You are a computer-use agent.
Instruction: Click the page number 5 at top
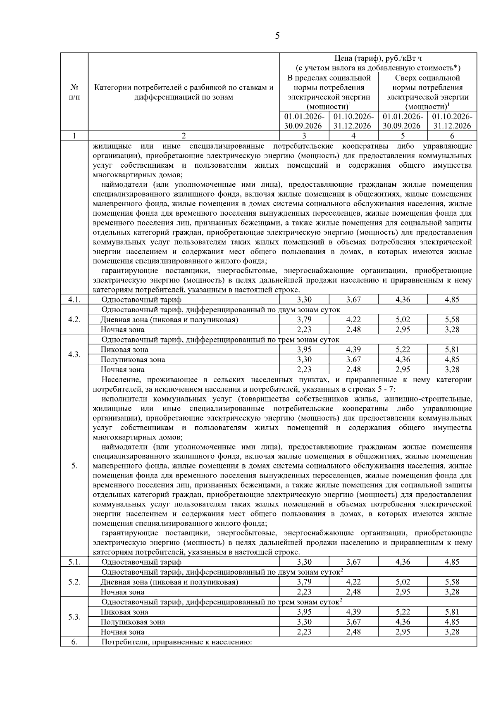click(x=277, y=36)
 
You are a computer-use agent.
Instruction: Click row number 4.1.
click(x=74, y=300)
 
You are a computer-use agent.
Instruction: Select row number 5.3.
click(x=74, y=617)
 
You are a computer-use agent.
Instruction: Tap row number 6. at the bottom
click(x=74, y=642)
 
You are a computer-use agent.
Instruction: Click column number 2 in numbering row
click(x=184, y=136)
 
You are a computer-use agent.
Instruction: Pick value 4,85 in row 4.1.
click(x=452, y=300)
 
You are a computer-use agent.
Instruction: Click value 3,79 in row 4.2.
click(x=304, y=320)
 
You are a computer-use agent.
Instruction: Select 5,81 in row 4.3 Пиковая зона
click(x=452, y=349)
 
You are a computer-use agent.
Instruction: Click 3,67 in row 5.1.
click(x=353, y=562)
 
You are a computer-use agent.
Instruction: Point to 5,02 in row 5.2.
click(x=403, y=582)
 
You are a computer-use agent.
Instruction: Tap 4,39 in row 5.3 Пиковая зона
click(x=353, y=612)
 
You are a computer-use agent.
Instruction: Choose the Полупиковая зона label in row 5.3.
click(x=133, y=622)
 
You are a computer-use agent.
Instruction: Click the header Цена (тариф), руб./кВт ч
click(x=378, y=58)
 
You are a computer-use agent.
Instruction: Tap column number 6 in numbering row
click(x=452, y=136)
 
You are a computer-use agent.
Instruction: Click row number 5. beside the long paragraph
click(x=74, y=466)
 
